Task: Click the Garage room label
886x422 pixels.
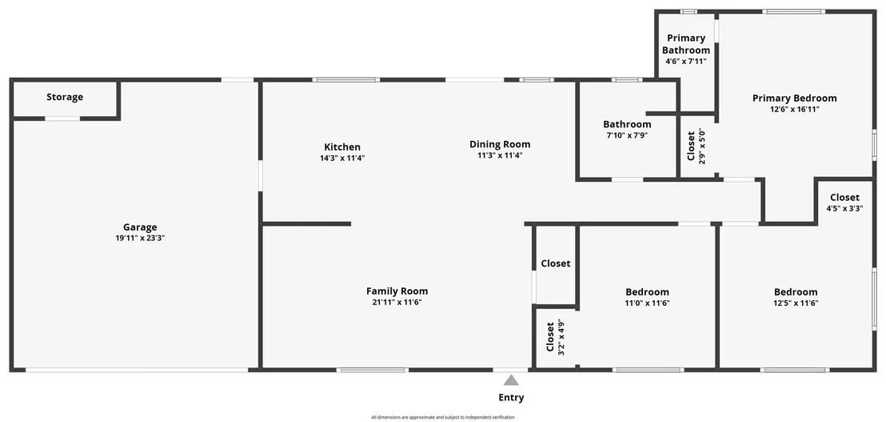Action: tap(140, 227)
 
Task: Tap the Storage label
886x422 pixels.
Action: tap(65, 98)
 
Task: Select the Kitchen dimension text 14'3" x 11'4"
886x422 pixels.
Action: tap(342, 159)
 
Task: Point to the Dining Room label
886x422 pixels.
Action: tap(500, 144)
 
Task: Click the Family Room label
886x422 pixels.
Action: tap(397, 291)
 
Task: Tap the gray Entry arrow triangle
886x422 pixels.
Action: tap(511, 380)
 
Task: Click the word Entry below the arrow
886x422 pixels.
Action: tap(511, 398)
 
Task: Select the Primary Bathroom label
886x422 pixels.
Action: tap(686, 44)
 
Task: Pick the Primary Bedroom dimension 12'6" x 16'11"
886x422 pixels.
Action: tap(795, 109)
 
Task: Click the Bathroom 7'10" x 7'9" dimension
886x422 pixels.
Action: tap(627, 135)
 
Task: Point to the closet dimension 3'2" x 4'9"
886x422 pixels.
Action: tap(561, 337)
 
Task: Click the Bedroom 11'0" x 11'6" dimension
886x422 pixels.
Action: tap(647, 303)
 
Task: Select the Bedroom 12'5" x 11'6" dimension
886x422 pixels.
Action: tap(796, 303)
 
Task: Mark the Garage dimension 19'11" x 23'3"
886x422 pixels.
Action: tap(140, 238)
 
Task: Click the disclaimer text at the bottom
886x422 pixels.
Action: tap(443, 417)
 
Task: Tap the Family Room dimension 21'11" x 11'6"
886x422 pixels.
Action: tap(397, 302)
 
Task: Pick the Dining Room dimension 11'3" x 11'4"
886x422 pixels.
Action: tap(500, 155)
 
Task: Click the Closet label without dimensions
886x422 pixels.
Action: tap(556, 263)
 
